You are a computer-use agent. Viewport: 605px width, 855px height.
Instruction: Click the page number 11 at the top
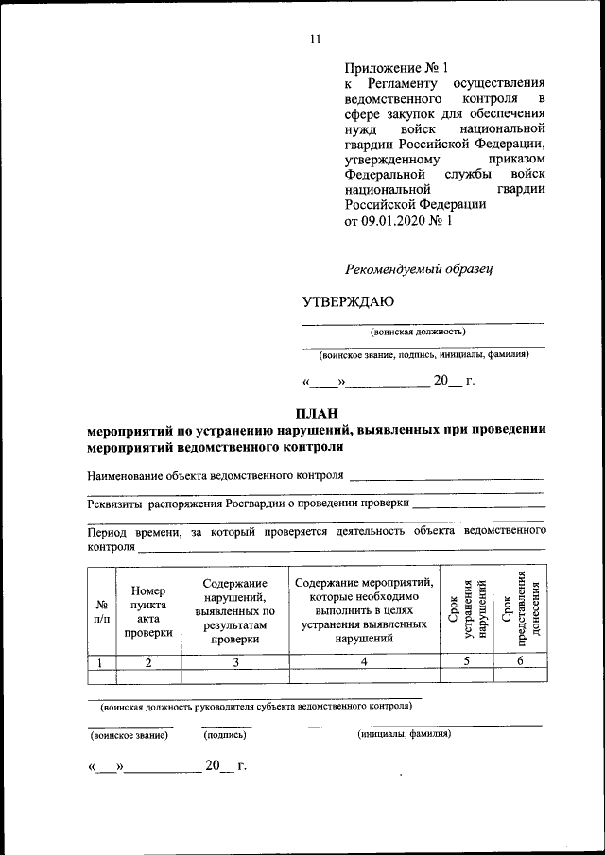coord(316,39)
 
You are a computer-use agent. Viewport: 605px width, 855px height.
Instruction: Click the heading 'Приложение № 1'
coord(394,68)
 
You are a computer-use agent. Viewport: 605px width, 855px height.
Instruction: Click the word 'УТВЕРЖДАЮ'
coord(348,302)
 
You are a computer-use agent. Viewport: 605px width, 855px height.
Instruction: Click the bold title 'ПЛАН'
coord(315,413)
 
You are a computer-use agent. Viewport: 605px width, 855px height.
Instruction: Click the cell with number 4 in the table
coord(364,662)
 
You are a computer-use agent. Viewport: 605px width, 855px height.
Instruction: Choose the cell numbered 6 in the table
coord(520,662)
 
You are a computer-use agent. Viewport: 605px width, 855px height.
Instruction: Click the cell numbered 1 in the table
coord(101,662)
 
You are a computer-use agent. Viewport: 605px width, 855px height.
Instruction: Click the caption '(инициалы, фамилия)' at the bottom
coord(404,733)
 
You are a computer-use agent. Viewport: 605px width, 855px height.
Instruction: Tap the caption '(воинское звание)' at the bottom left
coord(129,733)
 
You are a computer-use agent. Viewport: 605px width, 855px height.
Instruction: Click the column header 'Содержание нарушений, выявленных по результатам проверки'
coord(234,611)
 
